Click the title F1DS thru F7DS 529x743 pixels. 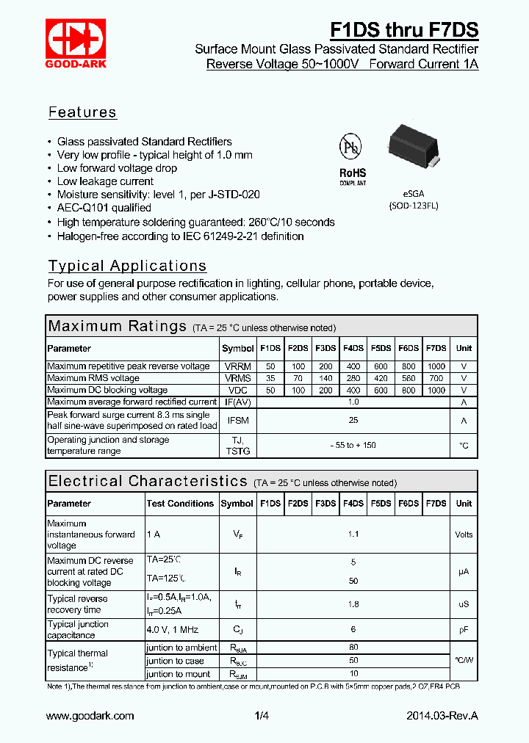(404, 30)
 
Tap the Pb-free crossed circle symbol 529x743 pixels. (350, 147)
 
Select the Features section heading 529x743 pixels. (82, 112)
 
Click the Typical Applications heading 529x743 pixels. (127, 266)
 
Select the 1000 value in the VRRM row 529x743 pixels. (436, 366)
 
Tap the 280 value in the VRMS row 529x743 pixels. (353, 378)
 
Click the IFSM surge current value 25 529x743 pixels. (353, 420)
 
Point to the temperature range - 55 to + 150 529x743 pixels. (353, 446)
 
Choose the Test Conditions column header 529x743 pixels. (180, 504)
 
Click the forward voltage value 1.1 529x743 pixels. (353, 534)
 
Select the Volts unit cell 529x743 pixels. (464, 534)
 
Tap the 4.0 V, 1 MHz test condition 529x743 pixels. (173, 630)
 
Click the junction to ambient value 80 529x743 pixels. (353, 648)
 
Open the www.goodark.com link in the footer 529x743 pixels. (90, 716)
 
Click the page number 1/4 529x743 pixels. (262, 716)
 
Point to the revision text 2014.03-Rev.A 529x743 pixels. (442, 716)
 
